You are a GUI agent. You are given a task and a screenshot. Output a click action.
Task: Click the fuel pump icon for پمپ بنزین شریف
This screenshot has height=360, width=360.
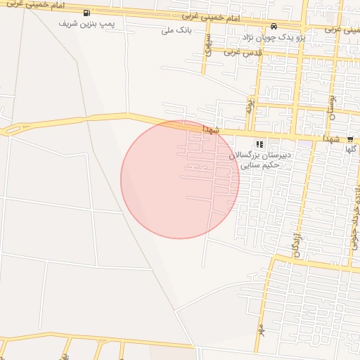[x=86, y=13]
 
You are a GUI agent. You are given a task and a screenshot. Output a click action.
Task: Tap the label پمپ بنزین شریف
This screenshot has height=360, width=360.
[x=87, y=23]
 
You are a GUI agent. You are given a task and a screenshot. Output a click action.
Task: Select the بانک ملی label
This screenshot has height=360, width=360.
[x=176, y=30]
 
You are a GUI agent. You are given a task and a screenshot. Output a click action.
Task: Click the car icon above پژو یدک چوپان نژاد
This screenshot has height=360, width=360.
[x=274, y=27]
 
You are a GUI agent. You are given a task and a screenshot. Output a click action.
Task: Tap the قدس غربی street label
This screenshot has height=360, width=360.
[x=243, y=52]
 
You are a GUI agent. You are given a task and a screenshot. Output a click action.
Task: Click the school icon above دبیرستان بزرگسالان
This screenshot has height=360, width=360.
[x=259, y=143]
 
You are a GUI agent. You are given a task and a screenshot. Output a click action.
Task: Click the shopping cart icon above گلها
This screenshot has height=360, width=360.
[x=350, y=139]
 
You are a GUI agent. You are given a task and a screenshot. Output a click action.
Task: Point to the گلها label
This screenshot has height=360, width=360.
[x=351, y=149]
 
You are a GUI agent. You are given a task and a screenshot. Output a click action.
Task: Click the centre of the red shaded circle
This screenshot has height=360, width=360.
[x=180, y=179]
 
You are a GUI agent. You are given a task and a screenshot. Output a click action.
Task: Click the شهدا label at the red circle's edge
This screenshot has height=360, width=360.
[x=212, y=130]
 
